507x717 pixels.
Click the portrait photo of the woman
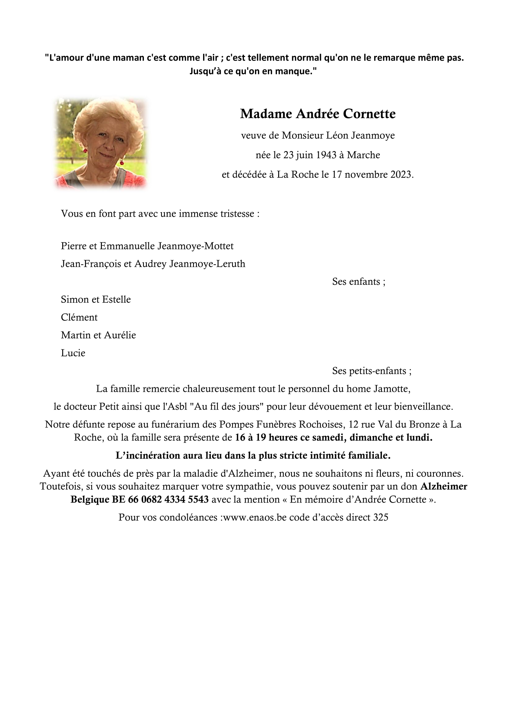point(100,143)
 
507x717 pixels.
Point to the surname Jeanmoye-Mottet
point(195,246)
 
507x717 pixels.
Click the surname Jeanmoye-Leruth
point(207,264)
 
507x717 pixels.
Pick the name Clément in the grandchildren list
point(79,317)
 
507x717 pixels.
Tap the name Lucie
point(73,353)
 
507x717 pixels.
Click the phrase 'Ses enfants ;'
point(359,281)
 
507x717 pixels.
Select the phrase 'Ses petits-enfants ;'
point(372,371)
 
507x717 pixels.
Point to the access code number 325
point(380,517)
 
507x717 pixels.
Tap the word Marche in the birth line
point(364,155)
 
